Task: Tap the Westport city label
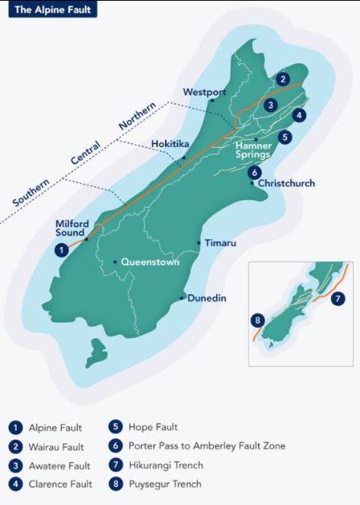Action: (x=205, y=92)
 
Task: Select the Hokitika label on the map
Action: (x=170, y=143)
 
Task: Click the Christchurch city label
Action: (x=285, y=184)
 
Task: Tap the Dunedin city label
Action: (x=207, y=299)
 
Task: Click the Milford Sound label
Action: (x=73, y=229)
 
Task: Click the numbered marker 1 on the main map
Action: (x=60, y=249)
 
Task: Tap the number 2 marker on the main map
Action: (x=283, y=78)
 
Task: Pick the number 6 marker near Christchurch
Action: (x=254, y=171)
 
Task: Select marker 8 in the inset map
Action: (x=259, y=320)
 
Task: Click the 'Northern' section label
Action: (x=137, y=114)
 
